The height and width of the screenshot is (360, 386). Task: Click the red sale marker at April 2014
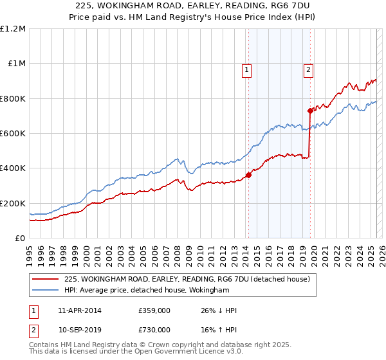click(x=248, y=175)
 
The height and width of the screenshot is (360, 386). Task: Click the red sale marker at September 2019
click(x=310, y=111)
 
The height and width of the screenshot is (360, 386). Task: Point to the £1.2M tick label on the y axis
click(x=13, y=29)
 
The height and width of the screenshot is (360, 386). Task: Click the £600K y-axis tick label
click(x=13, y=134)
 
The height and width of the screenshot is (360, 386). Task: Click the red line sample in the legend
click(x=46, y=279)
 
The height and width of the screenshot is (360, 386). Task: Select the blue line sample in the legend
click(x=46, y=291)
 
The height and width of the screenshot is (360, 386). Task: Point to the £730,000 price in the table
click(x=154, y=330)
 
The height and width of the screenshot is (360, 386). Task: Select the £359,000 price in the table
click(x=154, y=310)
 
